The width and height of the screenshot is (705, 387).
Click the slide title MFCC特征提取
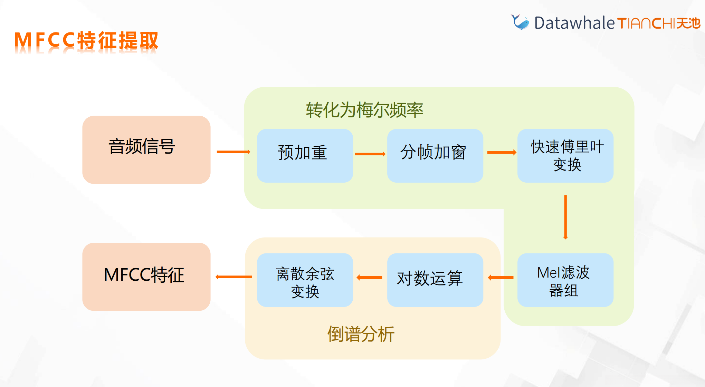point(86,40)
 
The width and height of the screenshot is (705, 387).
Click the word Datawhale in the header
point(574,23)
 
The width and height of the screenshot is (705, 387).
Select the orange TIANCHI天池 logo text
point(658,23)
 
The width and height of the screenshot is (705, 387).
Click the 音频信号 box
point(146,149)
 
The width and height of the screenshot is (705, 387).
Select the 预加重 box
point(305,155)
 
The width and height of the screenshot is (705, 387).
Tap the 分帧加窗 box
point(435,155)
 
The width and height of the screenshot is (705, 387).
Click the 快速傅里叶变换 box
point(565,155)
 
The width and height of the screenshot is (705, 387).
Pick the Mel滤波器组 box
point(565,280)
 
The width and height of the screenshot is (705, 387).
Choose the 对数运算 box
point(435,280)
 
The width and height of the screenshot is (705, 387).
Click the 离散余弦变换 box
point(305,280)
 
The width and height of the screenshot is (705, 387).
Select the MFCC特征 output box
point(146,277)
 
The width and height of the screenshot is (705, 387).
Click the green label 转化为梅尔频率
point(364,110)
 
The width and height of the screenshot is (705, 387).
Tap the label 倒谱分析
point(361,334)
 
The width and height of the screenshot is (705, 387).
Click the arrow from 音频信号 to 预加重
point(233,152)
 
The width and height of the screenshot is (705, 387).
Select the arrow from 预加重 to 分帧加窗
point(370,154)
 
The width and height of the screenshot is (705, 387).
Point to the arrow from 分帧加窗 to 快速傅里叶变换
point(502,152)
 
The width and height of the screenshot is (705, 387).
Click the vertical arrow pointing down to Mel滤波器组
point(565,217)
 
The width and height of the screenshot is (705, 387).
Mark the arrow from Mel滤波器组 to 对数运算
point(501,278)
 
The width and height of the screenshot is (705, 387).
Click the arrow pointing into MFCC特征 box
point(234,277)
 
